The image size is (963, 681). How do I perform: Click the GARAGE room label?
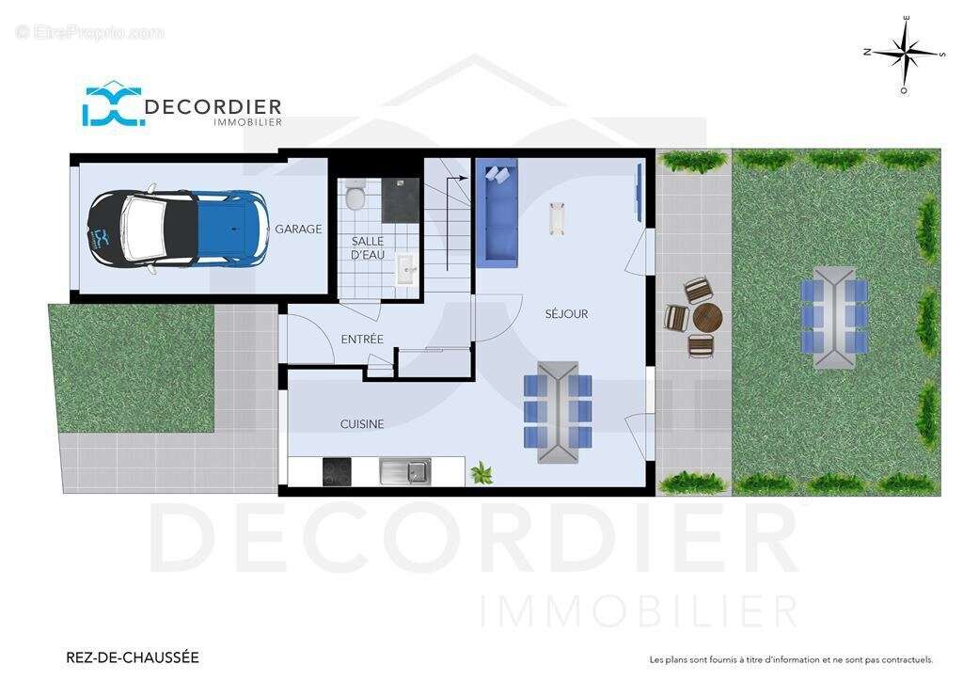point(298,230)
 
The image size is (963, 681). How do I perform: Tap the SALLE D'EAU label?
point(368,248)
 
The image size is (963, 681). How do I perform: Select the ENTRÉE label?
point(362,339)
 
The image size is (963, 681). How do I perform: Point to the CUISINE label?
point(362,423)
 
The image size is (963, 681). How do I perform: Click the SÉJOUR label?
point(566,314)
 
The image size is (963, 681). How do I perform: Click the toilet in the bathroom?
point(355,195)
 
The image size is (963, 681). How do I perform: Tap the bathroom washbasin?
point(406,268)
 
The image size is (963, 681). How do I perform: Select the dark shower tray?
point(401,200)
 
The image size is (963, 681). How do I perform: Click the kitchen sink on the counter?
point(405,471)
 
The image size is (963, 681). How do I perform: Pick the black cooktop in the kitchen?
point(338,471)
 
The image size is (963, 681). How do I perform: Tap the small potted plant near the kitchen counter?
point(481,473)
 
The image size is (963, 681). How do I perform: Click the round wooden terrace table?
point(707,318)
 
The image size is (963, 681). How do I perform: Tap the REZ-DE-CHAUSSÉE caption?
point(132,657)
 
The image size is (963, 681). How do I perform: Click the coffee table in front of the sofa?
point(558,218)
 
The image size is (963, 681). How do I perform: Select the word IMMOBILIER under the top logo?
point(247,122)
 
